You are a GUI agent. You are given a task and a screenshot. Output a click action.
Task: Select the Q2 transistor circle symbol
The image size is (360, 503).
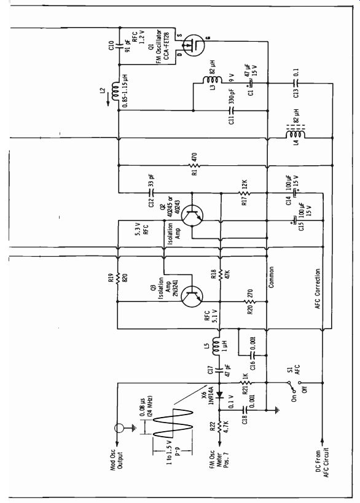(x=192, y=216)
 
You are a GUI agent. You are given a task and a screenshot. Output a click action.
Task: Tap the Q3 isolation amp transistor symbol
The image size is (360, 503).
(x=192, y=297)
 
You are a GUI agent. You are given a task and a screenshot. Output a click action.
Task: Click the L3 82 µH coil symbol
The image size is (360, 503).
(x=212, y=80)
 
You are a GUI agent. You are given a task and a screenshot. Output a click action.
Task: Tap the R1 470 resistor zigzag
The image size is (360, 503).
(x=195, y=166)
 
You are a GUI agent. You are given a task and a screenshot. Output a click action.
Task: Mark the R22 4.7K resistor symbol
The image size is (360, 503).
(x=219, y=428)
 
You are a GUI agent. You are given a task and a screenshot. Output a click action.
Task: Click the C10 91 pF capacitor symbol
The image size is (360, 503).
(x=119, y=45)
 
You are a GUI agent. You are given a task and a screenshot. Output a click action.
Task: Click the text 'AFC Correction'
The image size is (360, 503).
(x=318, y=289)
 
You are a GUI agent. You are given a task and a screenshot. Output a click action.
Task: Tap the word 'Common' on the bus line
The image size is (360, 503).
(x=271, y=277)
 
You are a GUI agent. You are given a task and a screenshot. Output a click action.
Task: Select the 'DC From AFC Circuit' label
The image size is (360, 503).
(x=322, y=462)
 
